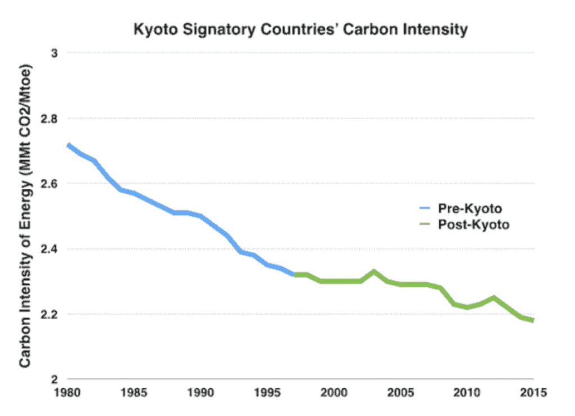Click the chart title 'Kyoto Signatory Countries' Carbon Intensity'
300,29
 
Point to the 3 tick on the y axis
56,53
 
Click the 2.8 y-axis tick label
52,119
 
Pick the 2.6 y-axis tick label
52,184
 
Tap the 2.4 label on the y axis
52,249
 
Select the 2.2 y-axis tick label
52,314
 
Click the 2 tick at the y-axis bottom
56,379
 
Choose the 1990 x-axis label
200,392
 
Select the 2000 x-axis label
334,392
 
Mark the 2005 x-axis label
400,392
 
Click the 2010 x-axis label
467,392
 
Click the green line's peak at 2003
374,272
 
